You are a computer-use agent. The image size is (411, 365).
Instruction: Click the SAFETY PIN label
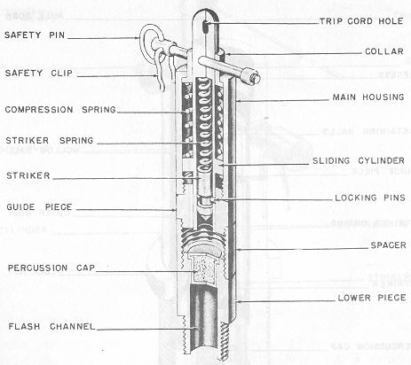[x=35, y=35]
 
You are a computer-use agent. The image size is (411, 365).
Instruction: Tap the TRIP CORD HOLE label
[x=361, y=21]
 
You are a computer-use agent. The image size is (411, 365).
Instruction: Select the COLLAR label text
[x=384, y=51]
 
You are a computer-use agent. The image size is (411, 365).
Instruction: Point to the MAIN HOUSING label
[x=368, y=97]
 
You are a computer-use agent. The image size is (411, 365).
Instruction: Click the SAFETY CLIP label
[x=39, y=73]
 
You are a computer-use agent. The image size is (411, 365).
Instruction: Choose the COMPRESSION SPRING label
[x=60, y=110]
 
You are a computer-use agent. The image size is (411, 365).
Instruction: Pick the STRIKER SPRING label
[x=50, y=140]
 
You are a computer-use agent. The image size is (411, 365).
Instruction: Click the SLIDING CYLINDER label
[x=359, y=160]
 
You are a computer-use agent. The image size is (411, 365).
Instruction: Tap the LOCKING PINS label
[x=370, y=198]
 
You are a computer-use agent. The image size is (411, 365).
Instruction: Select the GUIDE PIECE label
[x=39, y=207]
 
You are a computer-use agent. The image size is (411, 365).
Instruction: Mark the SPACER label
[x=388, y=245]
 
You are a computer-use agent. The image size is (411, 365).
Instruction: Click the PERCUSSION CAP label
[x=51, y=268]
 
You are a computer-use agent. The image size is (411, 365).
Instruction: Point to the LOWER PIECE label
[x=372, y=298]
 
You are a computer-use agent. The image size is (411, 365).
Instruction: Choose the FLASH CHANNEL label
[x=51, y=327]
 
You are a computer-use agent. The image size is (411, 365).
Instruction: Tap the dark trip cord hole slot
[x=205, y=27]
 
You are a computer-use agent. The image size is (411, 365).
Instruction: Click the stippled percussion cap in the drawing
[x=202, y=269]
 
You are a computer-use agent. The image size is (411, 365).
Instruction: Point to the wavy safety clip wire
[x=162, y=71]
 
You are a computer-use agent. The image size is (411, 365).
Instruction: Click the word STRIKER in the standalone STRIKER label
[x=28, y=175]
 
